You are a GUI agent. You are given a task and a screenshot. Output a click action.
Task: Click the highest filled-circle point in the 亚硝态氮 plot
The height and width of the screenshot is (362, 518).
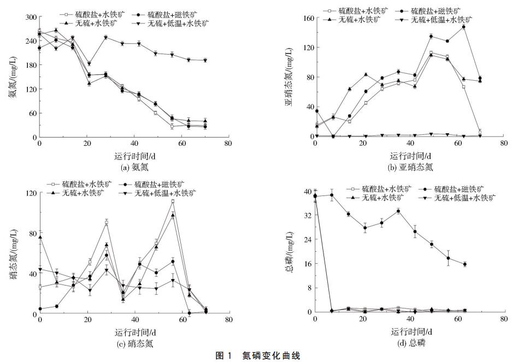[463, 27]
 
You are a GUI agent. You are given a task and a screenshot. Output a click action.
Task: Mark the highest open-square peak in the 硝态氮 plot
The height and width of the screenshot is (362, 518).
[173, 201]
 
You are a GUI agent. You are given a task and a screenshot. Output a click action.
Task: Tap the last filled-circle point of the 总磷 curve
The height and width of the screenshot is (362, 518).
[464, 264]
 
